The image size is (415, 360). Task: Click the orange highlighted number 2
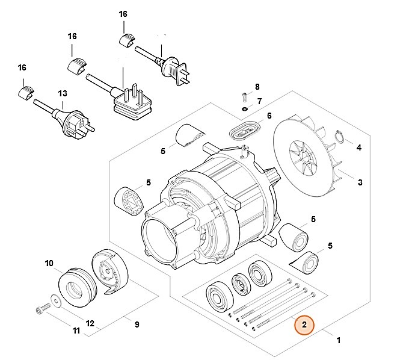coord(304,326)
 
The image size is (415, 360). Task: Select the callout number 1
coord(339,341)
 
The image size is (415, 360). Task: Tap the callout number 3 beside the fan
coord(360,182)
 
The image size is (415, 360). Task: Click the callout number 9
coord(137,324)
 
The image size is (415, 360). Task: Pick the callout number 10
coord(49,263)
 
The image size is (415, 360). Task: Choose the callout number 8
coord(257,87)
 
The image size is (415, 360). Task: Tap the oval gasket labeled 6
coord(245,130)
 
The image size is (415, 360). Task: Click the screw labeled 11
coord(40,310)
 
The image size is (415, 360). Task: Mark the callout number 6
coord(269,116)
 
